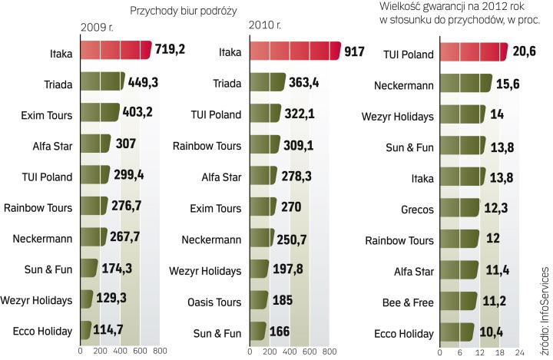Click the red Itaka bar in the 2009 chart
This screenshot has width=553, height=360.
coord(115,51)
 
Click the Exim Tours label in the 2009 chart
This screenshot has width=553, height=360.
coord(47,115)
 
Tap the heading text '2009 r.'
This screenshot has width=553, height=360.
coord(96,28)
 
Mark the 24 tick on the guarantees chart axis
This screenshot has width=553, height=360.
coord(520,352)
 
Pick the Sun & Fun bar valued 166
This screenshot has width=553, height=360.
coord(257,332)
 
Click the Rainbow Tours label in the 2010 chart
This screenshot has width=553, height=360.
coord(207,146)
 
